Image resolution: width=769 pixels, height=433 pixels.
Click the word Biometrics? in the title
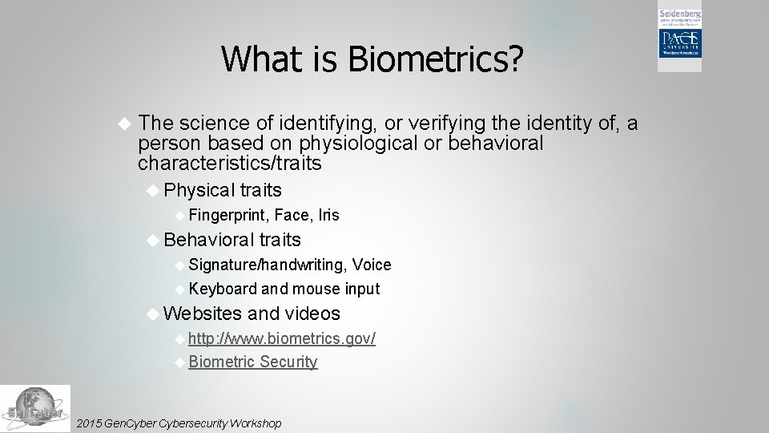[437, 58]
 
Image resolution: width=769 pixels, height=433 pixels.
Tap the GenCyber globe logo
[34, 408]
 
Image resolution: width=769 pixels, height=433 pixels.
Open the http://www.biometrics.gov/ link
[282, 338]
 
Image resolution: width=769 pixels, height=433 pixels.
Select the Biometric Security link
[253, 362]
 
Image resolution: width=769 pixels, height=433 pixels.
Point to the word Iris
[328, 215]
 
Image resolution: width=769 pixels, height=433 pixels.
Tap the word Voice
[372, 265]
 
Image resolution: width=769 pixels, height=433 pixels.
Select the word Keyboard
[223, 289]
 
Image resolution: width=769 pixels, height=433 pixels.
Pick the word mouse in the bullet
[316, 289]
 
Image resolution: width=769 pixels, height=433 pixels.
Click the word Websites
[202, 314]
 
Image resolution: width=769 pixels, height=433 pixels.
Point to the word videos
[312, 314]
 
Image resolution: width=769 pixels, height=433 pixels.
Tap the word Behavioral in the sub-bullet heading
[207, 240]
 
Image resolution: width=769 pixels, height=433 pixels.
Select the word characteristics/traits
[229, 164]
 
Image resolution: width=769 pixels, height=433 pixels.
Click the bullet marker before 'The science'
[123, 123]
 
